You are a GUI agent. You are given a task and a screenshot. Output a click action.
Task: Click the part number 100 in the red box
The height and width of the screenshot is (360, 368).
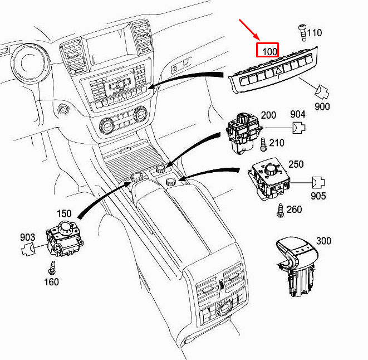pyautogui.click(x=269, y=51)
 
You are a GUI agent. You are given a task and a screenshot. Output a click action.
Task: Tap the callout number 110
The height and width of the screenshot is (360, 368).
pyautogui.click(x=315, y=33)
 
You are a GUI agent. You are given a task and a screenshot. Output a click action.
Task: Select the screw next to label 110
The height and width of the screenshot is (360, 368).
pyautogui.click(x=302, y=33)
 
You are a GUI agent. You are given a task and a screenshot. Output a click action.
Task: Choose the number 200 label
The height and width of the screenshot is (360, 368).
pyautogui.click(x=268, y=115)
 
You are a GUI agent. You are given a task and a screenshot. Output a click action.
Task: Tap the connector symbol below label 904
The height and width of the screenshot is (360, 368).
pyautogui.click(x=299, y=128)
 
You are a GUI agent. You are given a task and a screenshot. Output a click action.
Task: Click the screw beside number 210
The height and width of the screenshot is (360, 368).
pyautogui.click(x=263, y=144)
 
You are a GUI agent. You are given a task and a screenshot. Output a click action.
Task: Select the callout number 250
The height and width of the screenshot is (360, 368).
pyautogui.click(x=296, y=164)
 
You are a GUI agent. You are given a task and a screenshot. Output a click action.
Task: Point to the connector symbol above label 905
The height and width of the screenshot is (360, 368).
pyautogui.click(x=318, y=182)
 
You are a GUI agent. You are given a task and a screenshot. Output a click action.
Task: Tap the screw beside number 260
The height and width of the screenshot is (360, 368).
pyautogui.click(x=280, y=211)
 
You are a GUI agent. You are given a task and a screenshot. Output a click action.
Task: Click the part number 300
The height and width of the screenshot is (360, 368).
pyautogui.click(x=323, y=241)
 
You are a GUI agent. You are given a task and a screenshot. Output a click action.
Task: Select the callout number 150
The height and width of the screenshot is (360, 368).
pyautogui.click(x=64, y=213)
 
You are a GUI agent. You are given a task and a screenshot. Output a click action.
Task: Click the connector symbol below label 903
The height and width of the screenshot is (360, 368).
pyautogui.click(x=28, y=249)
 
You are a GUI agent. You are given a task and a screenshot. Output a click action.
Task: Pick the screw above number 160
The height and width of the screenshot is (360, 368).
pyautogui.click(x=52, y=267)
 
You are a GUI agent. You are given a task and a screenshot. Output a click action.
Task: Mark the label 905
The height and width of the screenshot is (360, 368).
pyautogui.click(x=318, y=196)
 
